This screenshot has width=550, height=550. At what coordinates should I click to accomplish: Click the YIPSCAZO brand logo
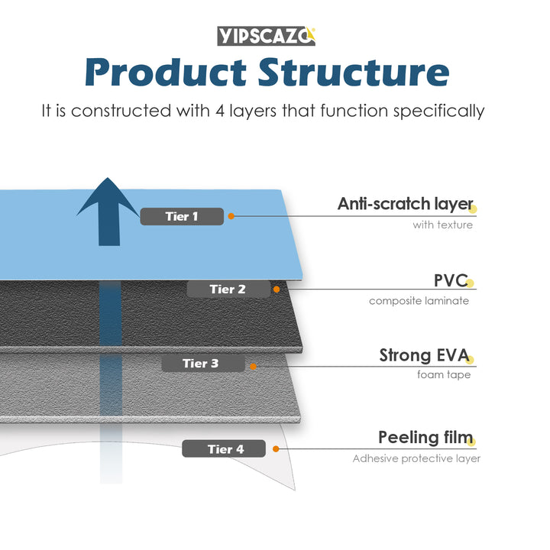click(x=266, y=35)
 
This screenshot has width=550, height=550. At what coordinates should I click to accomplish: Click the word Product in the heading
click(x=166, y=73)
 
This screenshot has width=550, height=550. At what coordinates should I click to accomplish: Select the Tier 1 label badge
click(x=182, y=216)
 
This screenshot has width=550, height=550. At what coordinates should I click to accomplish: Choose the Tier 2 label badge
click(x=228, y=290)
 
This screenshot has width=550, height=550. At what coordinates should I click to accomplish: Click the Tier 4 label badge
click(x=224, y=449)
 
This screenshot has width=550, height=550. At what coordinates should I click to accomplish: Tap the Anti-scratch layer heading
click(x=405, y=204)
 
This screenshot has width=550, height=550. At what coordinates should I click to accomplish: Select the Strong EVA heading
click(x=424, y=355)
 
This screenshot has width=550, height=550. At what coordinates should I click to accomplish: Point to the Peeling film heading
click(x=424, y=438)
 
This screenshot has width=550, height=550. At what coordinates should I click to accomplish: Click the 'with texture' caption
click(x=442, y=225)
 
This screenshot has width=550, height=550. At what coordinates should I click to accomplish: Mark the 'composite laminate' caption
click(x=419, y=300)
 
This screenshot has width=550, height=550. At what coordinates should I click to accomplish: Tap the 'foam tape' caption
click(x=443, y=375)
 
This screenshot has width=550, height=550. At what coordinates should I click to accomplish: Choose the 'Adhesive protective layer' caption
click(x=416, y=458)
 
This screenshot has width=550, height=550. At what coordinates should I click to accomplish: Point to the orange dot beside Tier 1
click(x=231, y=216)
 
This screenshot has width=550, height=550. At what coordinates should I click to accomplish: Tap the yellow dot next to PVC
click(x=471, y=283)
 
